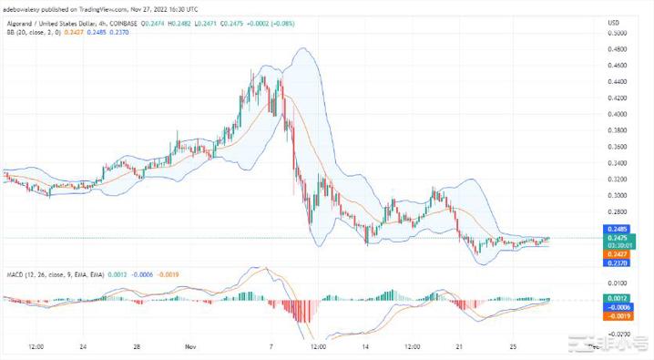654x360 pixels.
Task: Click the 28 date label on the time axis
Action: (x=134, y=347)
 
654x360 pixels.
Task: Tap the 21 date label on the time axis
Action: (x=460, y=347)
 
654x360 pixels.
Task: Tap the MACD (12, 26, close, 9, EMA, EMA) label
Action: (x=53, y=273)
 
